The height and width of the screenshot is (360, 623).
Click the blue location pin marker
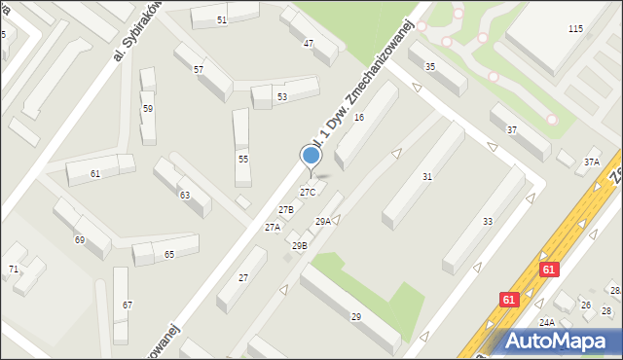[x=311, y=156]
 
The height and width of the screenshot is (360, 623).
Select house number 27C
[x=307, y=193]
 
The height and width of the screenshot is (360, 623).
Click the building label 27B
[x=286, y=210]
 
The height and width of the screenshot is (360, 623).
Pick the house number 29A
[x=322, y=222]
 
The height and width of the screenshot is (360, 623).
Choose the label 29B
[x=299, y=246]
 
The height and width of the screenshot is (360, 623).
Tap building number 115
[x=575, y=29]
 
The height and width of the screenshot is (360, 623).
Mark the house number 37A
[x=591, y=162]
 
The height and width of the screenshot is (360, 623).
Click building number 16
[x=358, y=118]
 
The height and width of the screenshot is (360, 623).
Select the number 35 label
[x=430, y=66]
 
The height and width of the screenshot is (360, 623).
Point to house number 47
[x=309, y=44]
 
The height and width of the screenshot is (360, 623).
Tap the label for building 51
[x=222, y=19]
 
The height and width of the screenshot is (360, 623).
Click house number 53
[x=282, y=97]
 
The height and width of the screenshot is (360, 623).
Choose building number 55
[x=243, y=159]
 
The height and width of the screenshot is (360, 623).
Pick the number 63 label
[x=184, y=195]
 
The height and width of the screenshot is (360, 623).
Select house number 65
[x=169, y=254]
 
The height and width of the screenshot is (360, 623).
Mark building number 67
[x=127, y=306]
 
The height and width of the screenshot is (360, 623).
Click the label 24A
[x=547, y=322]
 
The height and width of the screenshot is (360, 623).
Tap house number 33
[x=487, y=222]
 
